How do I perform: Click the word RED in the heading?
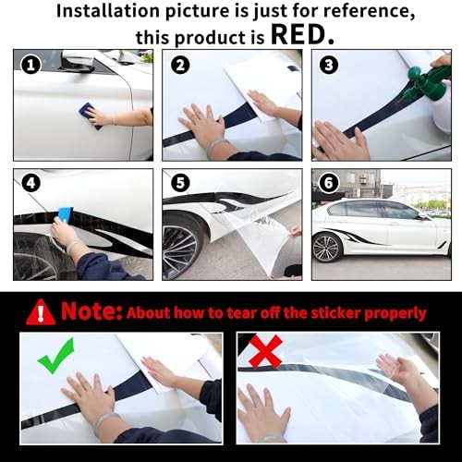[x=298, y=34]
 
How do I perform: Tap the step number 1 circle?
[x=30, y=66]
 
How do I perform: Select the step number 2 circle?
[x=180, y=66]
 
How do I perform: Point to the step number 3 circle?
[x=329, y=66]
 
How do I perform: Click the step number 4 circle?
[x=30, y=183]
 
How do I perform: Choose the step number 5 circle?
[x=180, y=183]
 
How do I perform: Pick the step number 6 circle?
[x=329, y=183]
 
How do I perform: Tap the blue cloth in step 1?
[x=90, y=115]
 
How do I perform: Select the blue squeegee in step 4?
[x=65, y=213]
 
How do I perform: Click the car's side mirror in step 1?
[x=78, y=61]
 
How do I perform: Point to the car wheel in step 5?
[x=180, y=247]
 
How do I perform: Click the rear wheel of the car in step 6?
[x=325, y=249]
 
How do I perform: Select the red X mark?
[x=265, y=351]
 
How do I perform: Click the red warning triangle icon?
[x=41, y=312]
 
